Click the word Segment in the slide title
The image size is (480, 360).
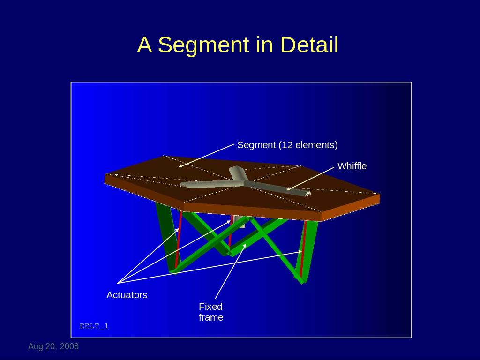(203, 45)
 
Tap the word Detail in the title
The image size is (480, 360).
(309, 45)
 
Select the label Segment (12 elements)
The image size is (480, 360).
(287, 145)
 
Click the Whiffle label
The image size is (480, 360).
(352, 166)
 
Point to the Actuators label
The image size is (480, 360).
(127, 295)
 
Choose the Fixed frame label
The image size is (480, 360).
(211, 312)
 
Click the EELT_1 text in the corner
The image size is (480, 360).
(94, 326)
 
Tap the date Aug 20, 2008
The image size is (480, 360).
(53, 346)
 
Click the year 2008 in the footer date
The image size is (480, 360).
(69, 346)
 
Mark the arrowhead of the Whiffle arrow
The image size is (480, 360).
(287, 189)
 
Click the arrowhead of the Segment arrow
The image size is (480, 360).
(180, 166)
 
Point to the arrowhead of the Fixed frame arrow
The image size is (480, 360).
(245, 245)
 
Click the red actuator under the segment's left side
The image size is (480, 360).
(179, 239)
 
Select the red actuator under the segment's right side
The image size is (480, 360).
(303, 248)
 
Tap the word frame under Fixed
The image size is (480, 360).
(211, 317)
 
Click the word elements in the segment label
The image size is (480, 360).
(315, 145)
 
